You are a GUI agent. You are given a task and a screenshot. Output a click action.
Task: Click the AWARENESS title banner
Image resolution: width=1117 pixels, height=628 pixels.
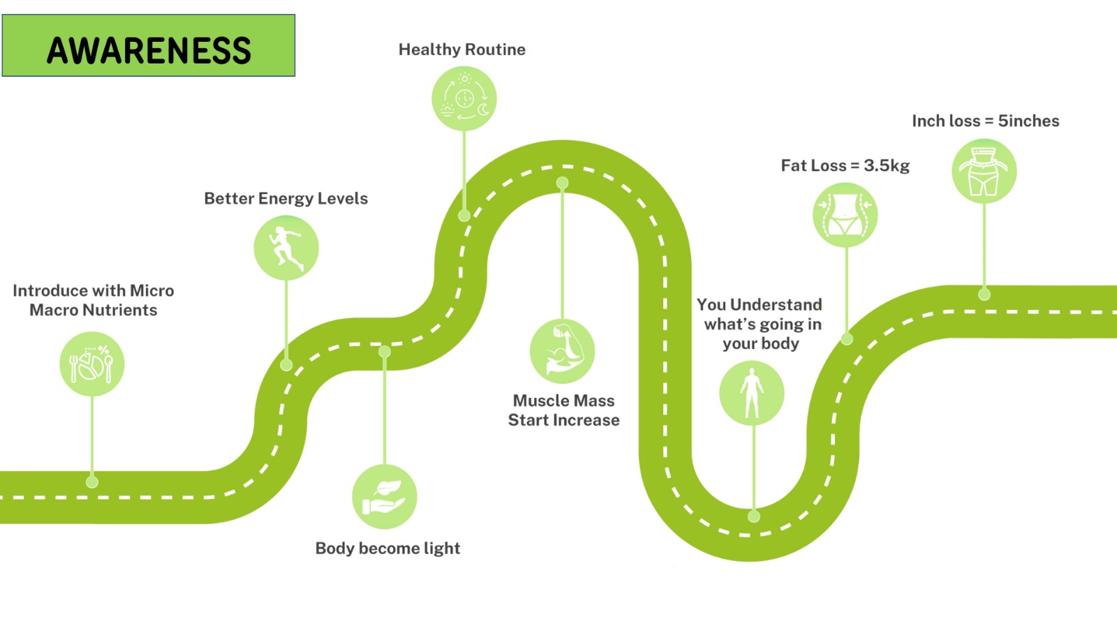click(149, 46)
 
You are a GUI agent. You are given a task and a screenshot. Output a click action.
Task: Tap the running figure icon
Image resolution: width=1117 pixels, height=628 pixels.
click(286, 248)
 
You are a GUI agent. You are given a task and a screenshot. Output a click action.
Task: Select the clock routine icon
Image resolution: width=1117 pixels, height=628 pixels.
click(464, 98)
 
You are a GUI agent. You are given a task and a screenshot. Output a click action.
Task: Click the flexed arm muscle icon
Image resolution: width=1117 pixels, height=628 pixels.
click(562, 351)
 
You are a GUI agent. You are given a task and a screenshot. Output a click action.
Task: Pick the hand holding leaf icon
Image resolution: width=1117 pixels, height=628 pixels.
click(385, 497)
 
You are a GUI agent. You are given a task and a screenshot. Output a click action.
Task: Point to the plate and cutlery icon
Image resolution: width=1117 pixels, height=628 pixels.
click(92, 364)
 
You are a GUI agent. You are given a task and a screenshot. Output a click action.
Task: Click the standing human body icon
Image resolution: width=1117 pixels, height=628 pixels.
click(752, 394)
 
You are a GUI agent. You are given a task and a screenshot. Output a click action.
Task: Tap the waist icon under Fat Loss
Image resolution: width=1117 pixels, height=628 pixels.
click(845, 215)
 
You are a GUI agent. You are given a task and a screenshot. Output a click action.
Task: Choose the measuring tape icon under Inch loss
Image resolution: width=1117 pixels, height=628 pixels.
click(984, 172)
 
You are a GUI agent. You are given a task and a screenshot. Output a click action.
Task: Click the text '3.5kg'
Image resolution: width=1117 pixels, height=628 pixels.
click(887, 166)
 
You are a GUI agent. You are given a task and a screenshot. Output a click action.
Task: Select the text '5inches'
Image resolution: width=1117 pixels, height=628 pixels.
click(1028, 121)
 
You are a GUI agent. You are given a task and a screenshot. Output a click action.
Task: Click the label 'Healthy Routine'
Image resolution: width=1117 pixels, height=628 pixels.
click(462, 50)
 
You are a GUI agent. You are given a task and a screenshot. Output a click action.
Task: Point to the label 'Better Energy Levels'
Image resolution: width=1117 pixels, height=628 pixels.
click(286, 199)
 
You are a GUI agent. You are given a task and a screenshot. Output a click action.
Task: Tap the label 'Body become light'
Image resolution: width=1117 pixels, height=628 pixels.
click(387, 548)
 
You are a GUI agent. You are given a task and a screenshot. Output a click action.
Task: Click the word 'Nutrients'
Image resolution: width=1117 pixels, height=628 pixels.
click(123, 311)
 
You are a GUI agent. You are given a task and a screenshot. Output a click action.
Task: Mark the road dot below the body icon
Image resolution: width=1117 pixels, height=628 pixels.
click(754, 516)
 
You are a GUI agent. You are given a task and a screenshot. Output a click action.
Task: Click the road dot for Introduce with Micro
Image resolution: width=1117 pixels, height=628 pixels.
click(92, 481)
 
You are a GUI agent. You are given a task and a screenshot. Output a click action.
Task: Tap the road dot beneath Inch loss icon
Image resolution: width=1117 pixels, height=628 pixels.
click(984, 294)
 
